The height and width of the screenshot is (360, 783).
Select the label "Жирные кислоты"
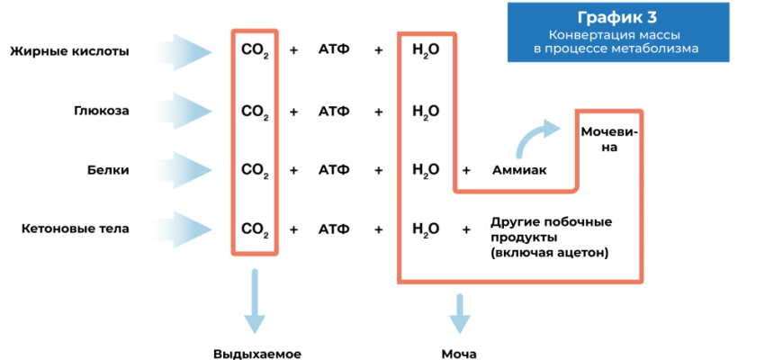pos(69,51)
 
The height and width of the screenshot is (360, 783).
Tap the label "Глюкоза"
pos(102,112)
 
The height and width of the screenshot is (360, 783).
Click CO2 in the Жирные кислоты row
pos(255,51)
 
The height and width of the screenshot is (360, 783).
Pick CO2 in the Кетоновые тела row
pos(255,229)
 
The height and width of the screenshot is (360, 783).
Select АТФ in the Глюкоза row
pos(334,112)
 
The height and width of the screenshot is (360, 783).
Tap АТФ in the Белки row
pos(334,169)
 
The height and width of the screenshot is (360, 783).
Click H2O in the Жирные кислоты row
pos(425,51)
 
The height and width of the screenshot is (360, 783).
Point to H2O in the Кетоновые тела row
pos(425,229)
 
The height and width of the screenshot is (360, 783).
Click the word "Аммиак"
pos(518,169)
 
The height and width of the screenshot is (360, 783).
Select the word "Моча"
pos(458,354)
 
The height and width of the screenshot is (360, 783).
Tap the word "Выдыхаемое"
pos(256,354)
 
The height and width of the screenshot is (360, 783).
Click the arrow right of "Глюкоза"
pos(184,112)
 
